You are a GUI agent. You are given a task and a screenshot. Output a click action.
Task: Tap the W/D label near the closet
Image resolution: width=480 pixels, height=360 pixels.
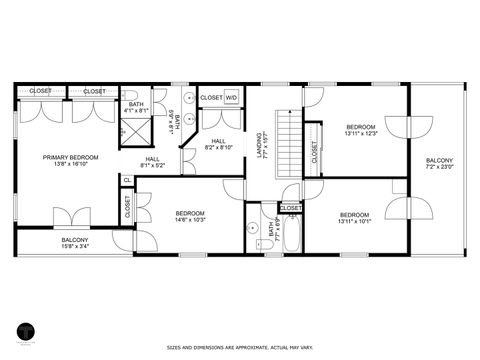click(231, 97)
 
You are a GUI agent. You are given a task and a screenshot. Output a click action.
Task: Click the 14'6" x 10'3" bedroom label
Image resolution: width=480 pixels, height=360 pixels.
click(190, 216)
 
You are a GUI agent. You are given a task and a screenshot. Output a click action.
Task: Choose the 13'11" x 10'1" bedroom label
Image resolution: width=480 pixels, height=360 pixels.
click(354, 218)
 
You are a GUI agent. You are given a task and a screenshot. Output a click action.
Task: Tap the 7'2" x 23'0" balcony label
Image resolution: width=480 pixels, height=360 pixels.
click(439, 164)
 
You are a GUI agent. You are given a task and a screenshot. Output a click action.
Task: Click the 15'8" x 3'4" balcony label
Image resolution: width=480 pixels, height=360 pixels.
click(75, 243)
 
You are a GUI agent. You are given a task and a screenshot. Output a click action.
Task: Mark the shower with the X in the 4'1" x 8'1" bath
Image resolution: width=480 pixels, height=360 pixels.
click(131, 128)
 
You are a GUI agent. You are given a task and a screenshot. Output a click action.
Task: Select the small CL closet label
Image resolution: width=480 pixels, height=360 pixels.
click(127, 180)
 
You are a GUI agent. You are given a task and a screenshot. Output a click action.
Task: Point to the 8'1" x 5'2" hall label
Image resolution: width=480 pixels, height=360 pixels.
click(152, 162)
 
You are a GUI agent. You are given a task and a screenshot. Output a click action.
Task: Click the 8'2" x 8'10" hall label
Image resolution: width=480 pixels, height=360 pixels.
click(218, 144)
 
